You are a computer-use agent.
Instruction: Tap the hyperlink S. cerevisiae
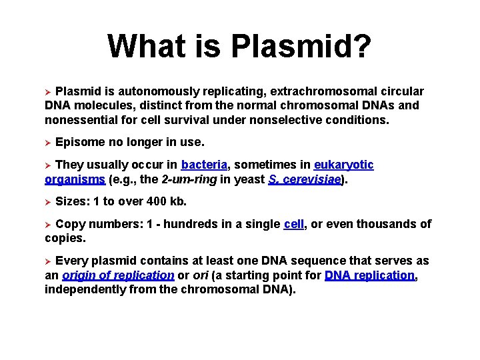tap(305, 179)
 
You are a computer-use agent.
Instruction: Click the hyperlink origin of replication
tap(118, 275)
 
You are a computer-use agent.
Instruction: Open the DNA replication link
tap(370, 275)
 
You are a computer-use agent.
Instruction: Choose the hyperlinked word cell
tap(293, 224)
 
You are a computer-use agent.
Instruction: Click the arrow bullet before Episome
tap(48, 143)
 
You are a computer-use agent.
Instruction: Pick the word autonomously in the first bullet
tap(148, 91)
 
